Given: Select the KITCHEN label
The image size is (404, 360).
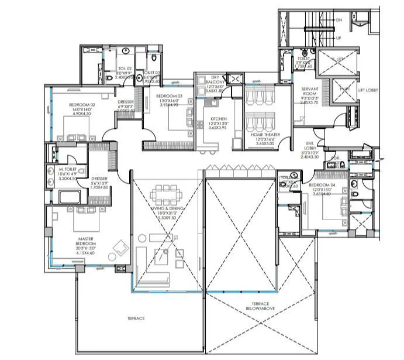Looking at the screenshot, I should tap(218, 119).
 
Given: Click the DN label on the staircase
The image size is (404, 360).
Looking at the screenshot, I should tap(339, 19).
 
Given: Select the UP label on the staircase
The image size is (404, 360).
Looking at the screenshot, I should tap(339, 37).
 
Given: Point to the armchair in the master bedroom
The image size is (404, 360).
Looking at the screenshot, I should tap(122, 246).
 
